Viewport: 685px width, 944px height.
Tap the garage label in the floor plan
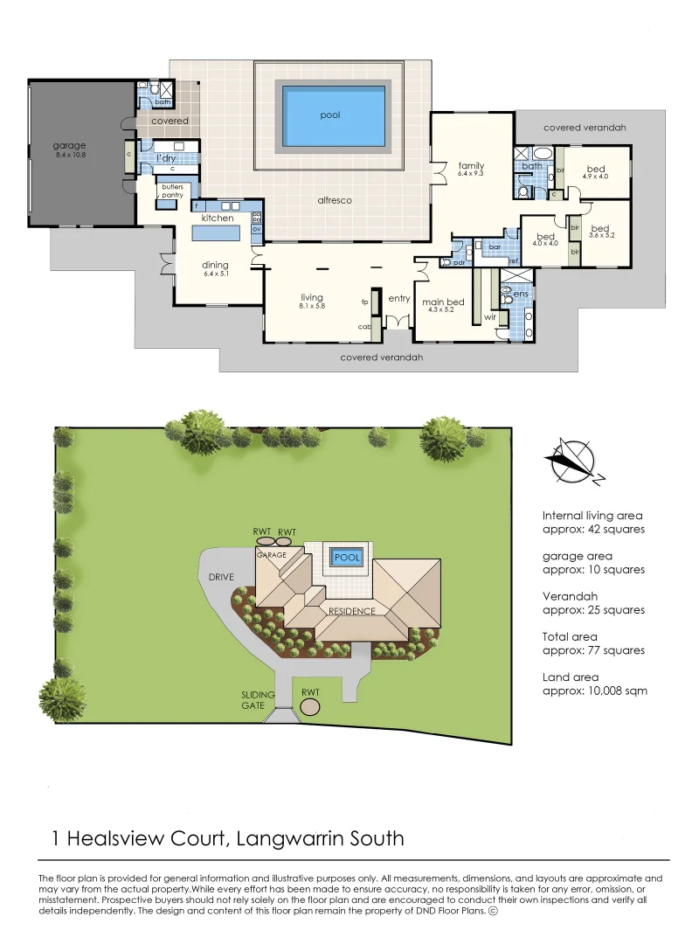point(68,146)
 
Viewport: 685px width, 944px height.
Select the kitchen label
point(217,217)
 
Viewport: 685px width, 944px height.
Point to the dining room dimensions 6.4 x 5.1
point(215,275)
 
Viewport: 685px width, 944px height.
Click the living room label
point(311,298)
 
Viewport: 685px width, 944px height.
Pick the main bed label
point(443,302)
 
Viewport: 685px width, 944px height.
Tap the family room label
point(472,166)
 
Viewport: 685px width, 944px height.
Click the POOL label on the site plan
point(347,557)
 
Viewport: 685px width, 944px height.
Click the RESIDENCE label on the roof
point(352,611)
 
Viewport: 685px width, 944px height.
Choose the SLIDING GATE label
point(258,700)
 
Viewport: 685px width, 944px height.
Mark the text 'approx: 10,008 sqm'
point(594,691)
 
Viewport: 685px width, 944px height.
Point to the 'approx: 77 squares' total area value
point(593,650)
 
